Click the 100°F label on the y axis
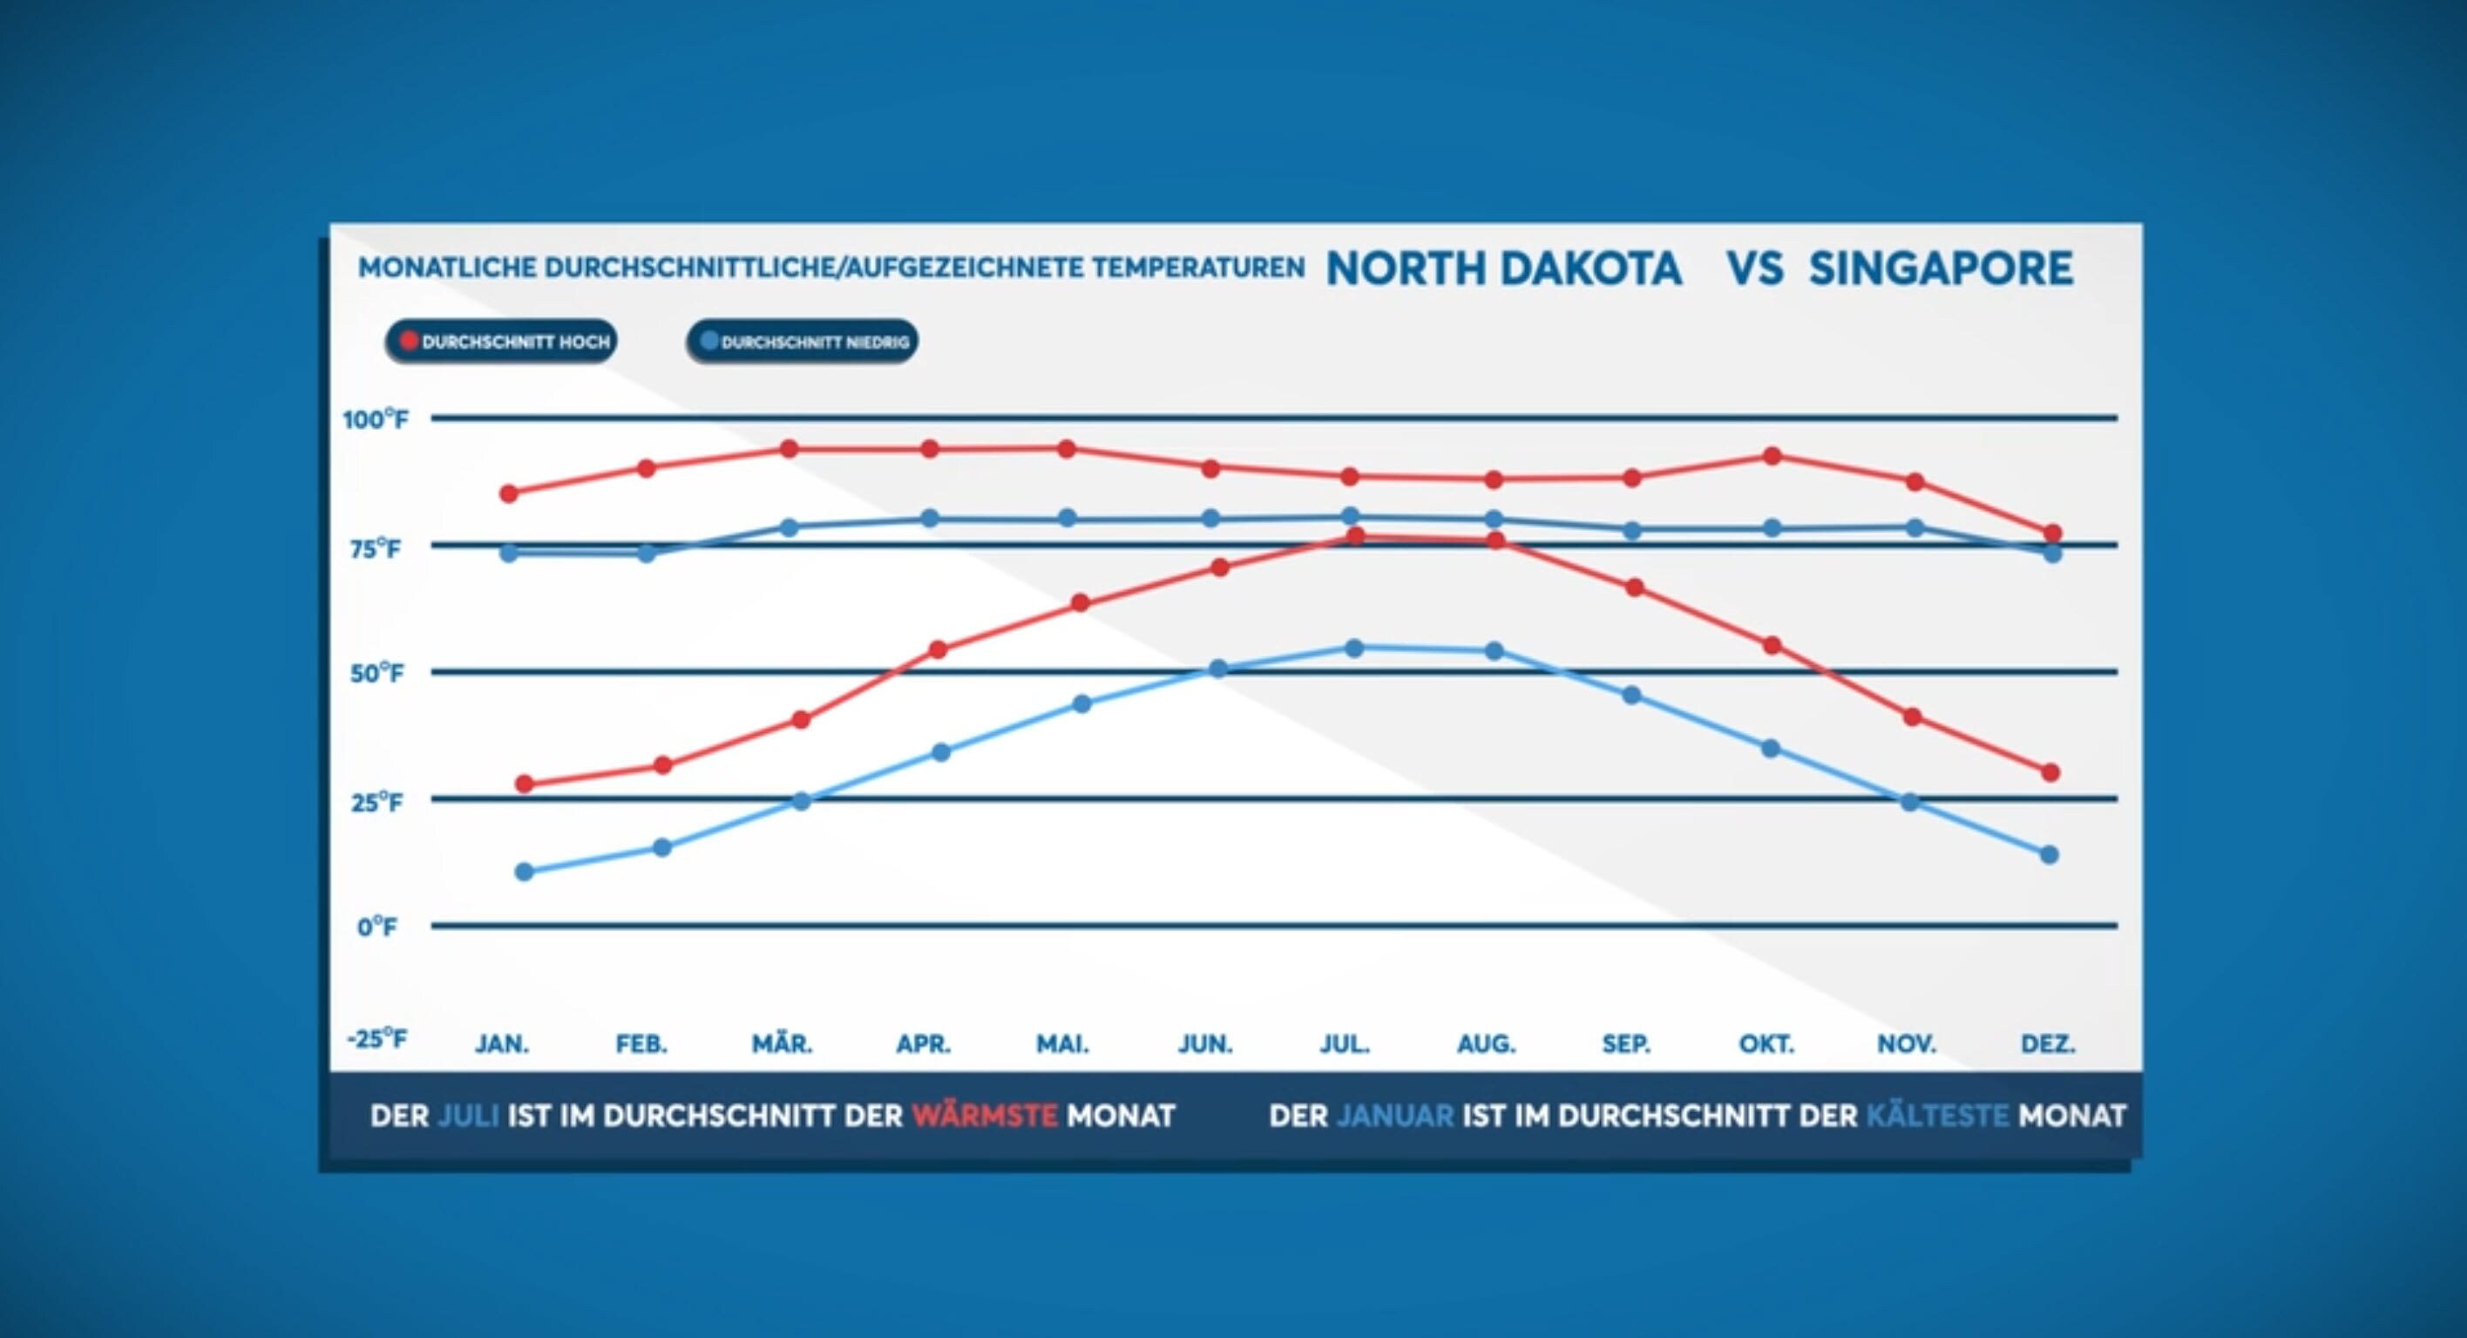(x=376, y=419)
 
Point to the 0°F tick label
(x=377, y=927)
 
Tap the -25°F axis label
(x=376, y=1038)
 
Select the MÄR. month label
(x=782, y=1044)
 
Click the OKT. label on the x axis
(x=1766, y=1044)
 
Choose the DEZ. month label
(x=2048, y=1044)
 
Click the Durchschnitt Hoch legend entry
(x=502, y=342)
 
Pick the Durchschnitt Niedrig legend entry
(x=803, y=342)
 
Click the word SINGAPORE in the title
(x=1941, y=268)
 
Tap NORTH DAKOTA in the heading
(x=1503, y=268)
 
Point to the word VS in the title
(x=1754, y=268)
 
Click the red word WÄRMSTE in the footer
(x=985, y=1116)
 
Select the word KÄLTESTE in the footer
(x=1936, y=1116)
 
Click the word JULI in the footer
(x=468, y=1116)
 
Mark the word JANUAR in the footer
(x=1394, y=1116)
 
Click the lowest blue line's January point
(x=525, y=872)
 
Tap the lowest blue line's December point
(x=2050, y=854)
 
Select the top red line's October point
(x=1772, y=456)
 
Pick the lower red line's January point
(x=525, y=784)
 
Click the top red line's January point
(x=510, y=493)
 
